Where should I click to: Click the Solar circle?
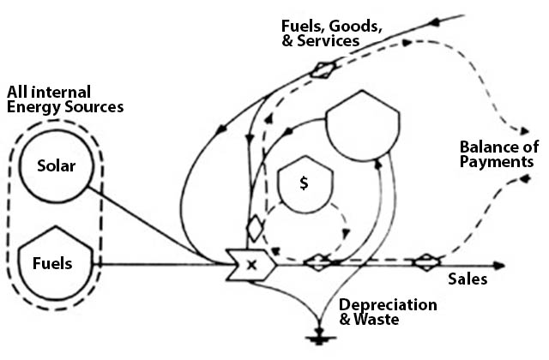point(57,165)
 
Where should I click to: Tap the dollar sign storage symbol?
point(302,184)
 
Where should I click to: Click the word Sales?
point(468,279)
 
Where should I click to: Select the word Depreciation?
point(388,305)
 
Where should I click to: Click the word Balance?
point(485,145)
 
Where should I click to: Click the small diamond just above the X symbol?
point(253,230)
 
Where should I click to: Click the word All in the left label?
point(19,92)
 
